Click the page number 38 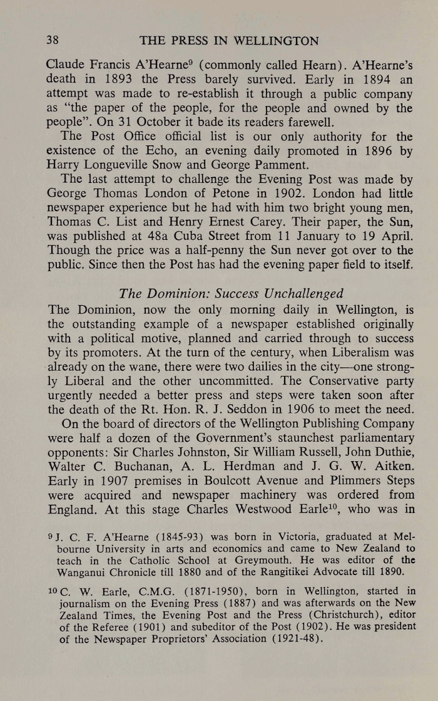53,41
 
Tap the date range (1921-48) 293,644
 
